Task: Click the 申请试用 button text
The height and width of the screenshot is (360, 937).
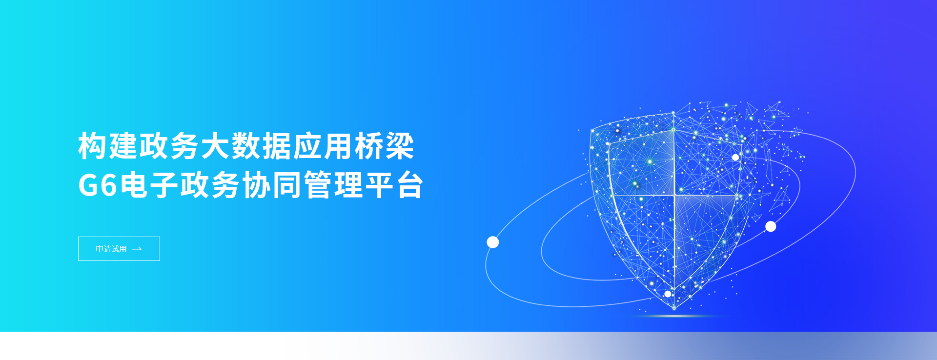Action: (111, 249)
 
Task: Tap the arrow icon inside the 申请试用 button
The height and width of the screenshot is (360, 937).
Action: (137, 249)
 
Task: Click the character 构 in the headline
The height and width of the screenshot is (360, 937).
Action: (93, 146)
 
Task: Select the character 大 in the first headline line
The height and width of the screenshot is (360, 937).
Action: (216, 146)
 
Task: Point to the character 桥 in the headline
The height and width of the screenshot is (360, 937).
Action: (369, 146)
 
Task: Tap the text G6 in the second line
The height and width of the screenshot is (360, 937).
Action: (98, 185)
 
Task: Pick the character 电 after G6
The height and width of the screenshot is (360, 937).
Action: (134, 185)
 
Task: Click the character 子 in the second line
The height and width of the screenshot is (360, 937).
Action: (164, 185)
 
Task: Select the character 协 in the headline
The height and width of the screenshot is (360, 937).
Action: (257, 185)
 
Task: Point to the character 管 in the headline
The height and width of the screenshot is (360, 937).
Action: (318, 185)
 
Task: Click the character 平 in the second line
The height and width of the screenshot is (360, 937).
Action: (380, 185)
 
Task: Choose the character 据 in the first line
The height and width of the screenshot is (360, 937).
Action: (277, 146)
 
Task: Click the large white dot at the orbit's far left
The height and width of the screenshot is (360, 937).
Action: (493, 242)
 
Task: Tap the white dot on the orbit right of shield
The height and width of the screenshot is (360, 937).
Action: (771, 226)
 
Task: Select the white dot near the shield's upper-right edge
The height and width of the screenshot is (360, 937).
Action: (735, 157)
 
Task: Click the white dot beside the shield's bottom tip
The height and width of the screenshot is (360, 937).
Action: (668, 294)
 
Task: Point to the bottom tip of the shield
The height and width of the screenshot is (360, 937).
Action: (674, 309)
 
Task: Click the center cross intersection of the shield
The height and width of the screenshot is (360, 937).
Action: (674, 196)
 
